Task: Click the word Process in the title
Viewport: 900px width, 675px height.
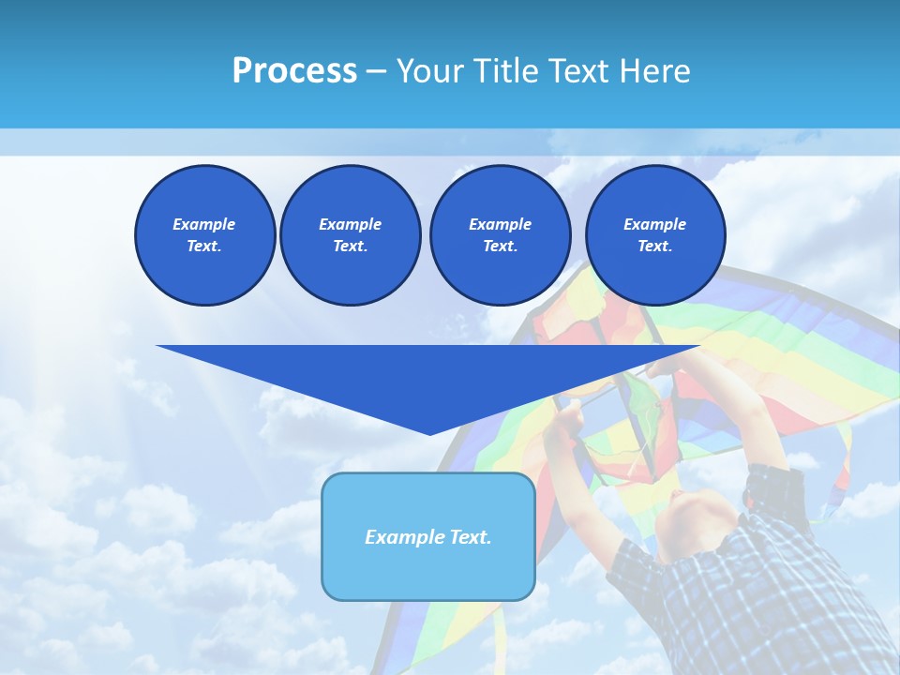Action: (294, 71)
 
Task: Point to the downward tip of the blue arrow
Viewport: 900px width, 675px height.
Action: (429, 432)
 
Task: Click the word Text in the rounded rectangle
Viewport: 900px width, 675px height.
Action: (470, 537)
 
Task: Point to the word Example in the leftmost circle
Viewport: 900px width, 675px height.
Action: (204, 224)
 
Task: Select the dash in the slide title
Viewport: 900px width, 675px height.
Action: (377, 71)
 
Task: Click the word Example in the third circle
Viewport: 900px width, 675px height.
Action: (500, 224)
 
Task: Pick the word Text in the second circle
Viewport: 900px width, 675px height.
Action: (349, 247)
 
